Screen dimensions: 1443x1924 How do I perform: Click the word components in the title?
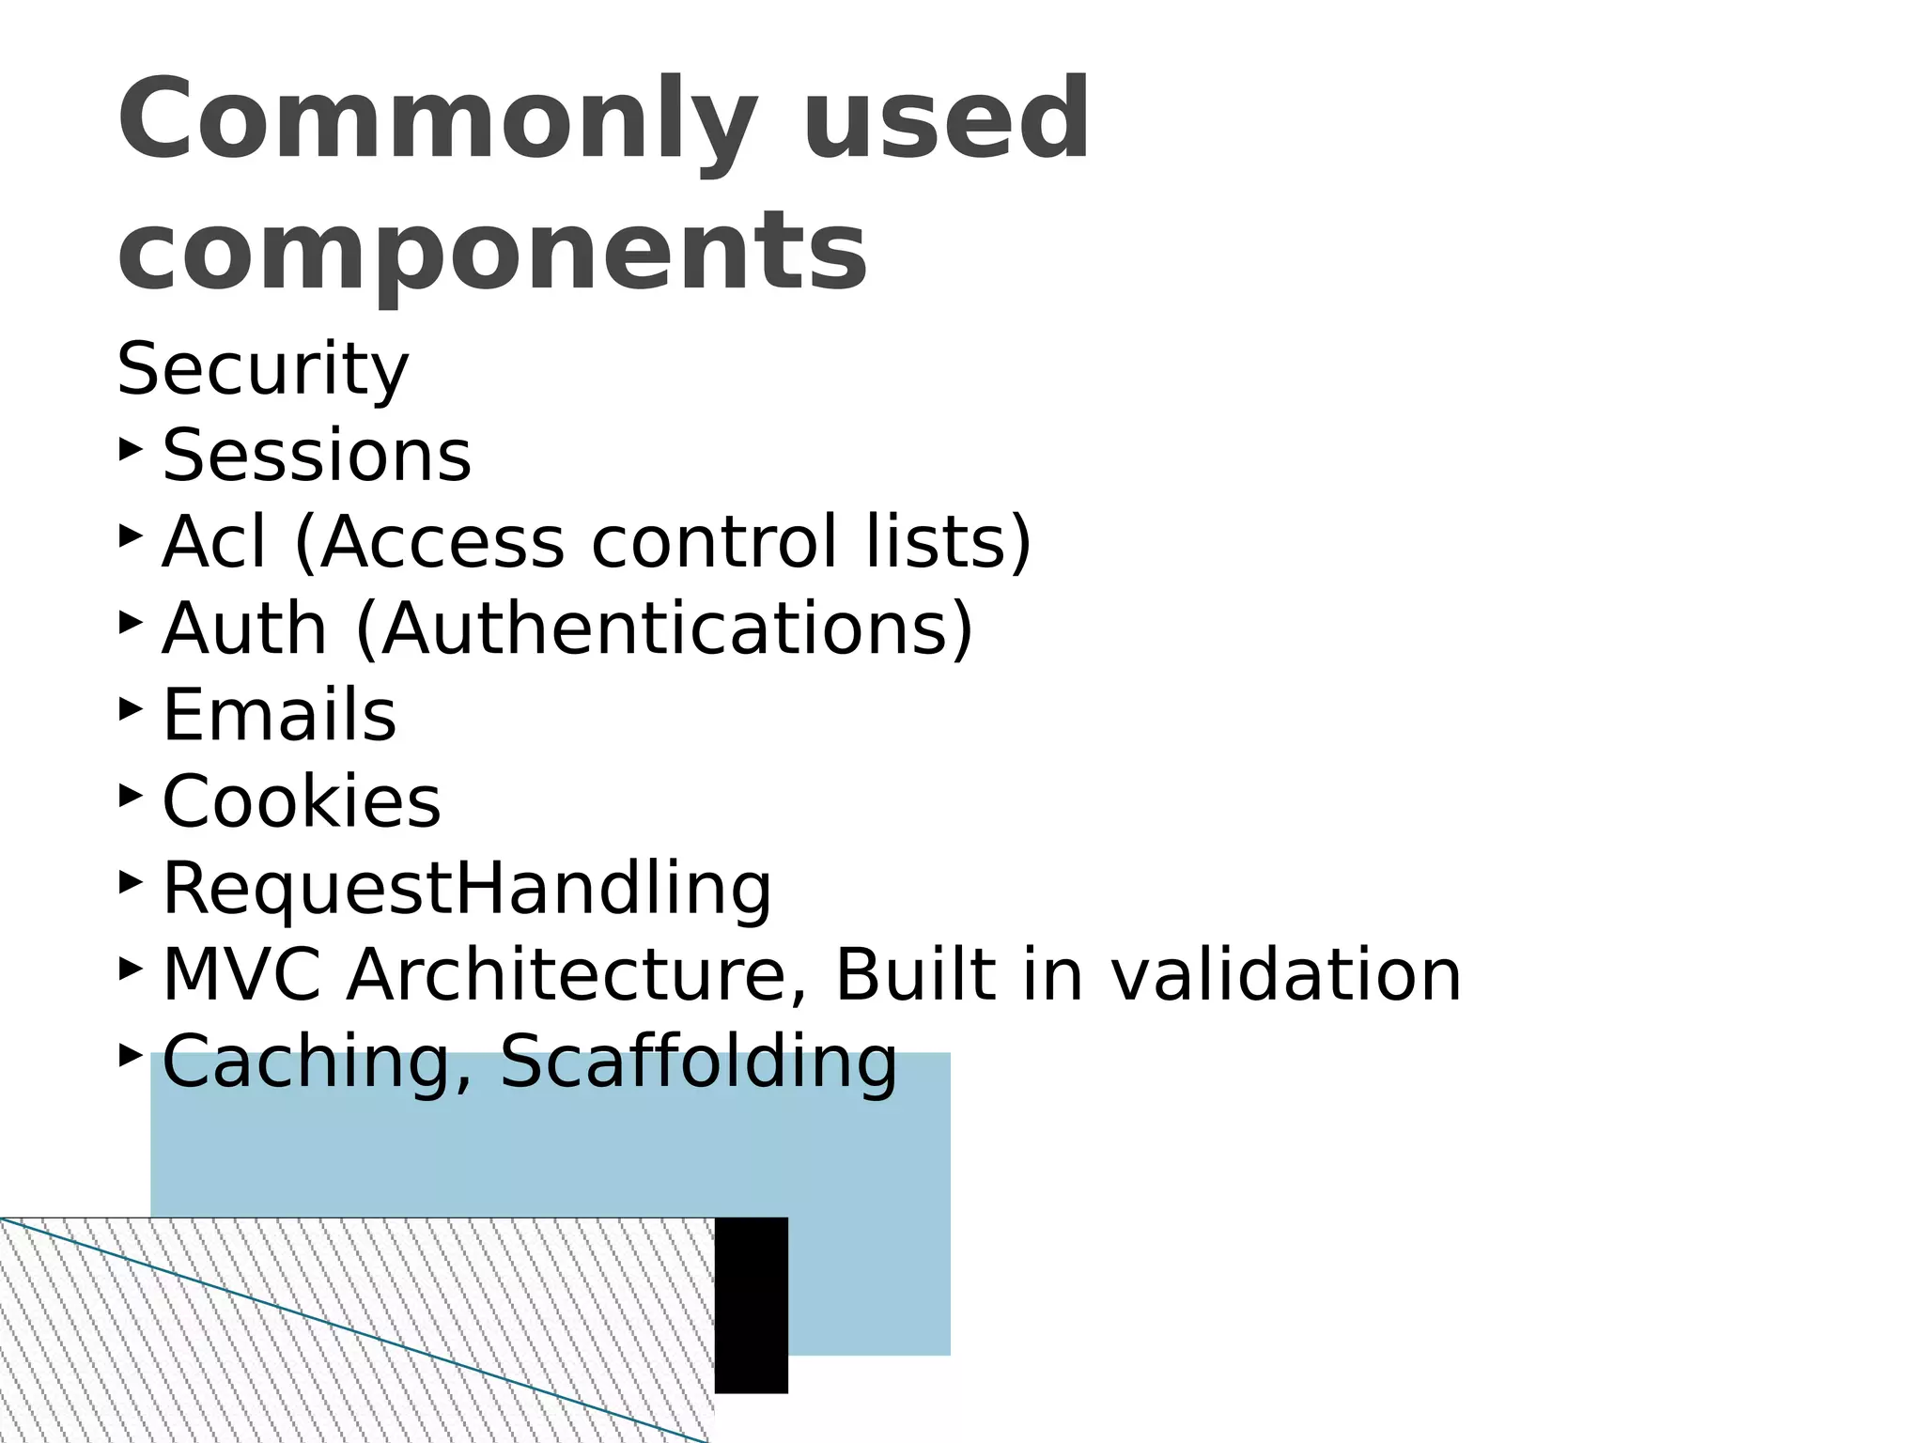click(491, 251)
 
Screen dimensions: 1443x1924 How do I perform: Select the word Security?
click(262, 369)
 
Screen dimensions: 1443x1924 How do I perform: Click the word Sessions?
click(317, 456)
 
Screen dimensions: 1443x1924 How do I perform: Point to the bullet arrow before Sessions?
click(131, 449)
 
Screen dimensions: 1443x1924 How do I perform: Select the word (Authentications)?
click(664, 628)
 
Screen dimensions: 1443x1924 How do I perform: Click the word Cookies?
click(301, 802)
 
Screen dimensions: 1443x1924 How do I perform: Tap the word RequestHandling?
click(467, 889)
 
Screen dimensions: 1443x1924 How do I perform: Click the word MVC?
click(240, 975)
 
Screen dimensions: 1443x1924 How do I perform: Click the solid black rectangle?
click(752, 1305)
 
